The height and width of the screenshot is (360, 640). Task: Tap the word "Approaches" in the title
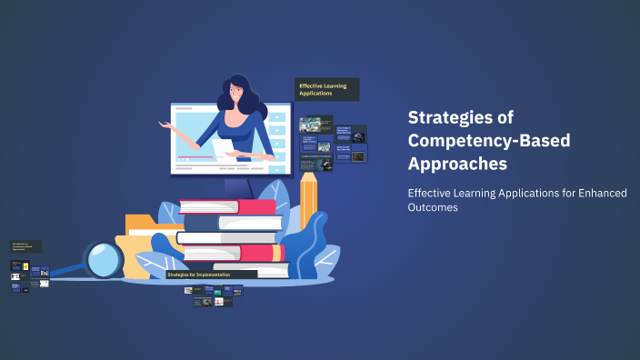tap(457, 164)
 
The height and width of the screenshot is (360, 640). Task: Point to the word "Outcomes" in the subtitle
tap(432, 207)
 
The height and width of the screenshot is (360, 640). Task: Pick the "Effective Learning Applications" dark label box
tap(328, 89)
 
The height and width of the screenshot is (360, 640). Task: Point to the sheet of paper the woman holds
tap(222, 146)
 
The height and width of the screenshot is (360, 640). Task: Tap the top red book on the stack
tap(228, 206)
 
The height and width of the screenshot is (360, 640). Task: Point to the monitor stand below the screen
tap(238, 185)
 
